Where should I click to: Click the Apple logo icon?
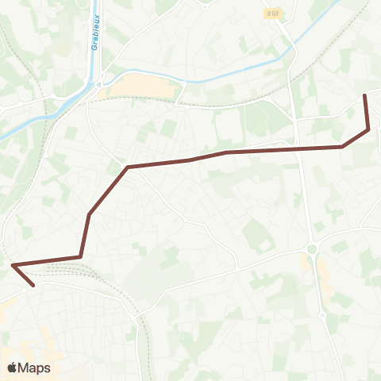click(12, 368)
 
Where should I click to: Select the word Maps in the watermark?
click(34, 368)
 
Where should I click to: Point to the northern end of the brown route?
click(365, 95)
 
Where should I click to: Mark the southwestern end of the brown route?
click(33, 285)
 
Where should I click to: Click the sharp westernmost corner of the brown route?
click(13, 264)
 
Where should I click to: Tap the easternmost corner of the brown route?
click(369, 129)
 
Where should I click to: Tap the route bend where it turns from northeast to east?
click(128, 167)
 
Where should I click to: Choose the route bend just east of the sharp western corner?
click(79, 256)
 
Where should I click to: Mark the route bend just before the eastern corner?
click(342, 146)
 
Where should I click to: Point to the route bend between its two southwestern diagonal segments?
click(89, 214)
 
